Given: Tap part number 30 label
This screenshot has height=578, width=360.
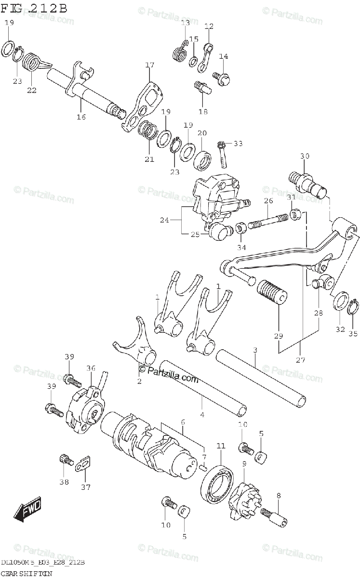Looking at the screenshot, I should pos(304,156).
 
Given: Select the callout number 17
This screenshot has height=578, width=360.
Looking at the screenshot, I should pos(149,65).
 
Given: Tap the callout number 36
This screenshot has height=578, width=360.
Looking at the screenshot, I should pos(91,368).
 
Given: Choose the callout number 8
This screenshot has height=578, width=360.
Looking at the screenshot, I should pos(278,495).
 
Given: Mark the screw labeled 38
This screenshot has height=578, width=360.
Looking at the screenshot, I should pos(65,460).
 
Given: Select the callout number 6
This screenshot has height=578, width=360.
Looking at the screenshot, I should pos(183,422).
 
